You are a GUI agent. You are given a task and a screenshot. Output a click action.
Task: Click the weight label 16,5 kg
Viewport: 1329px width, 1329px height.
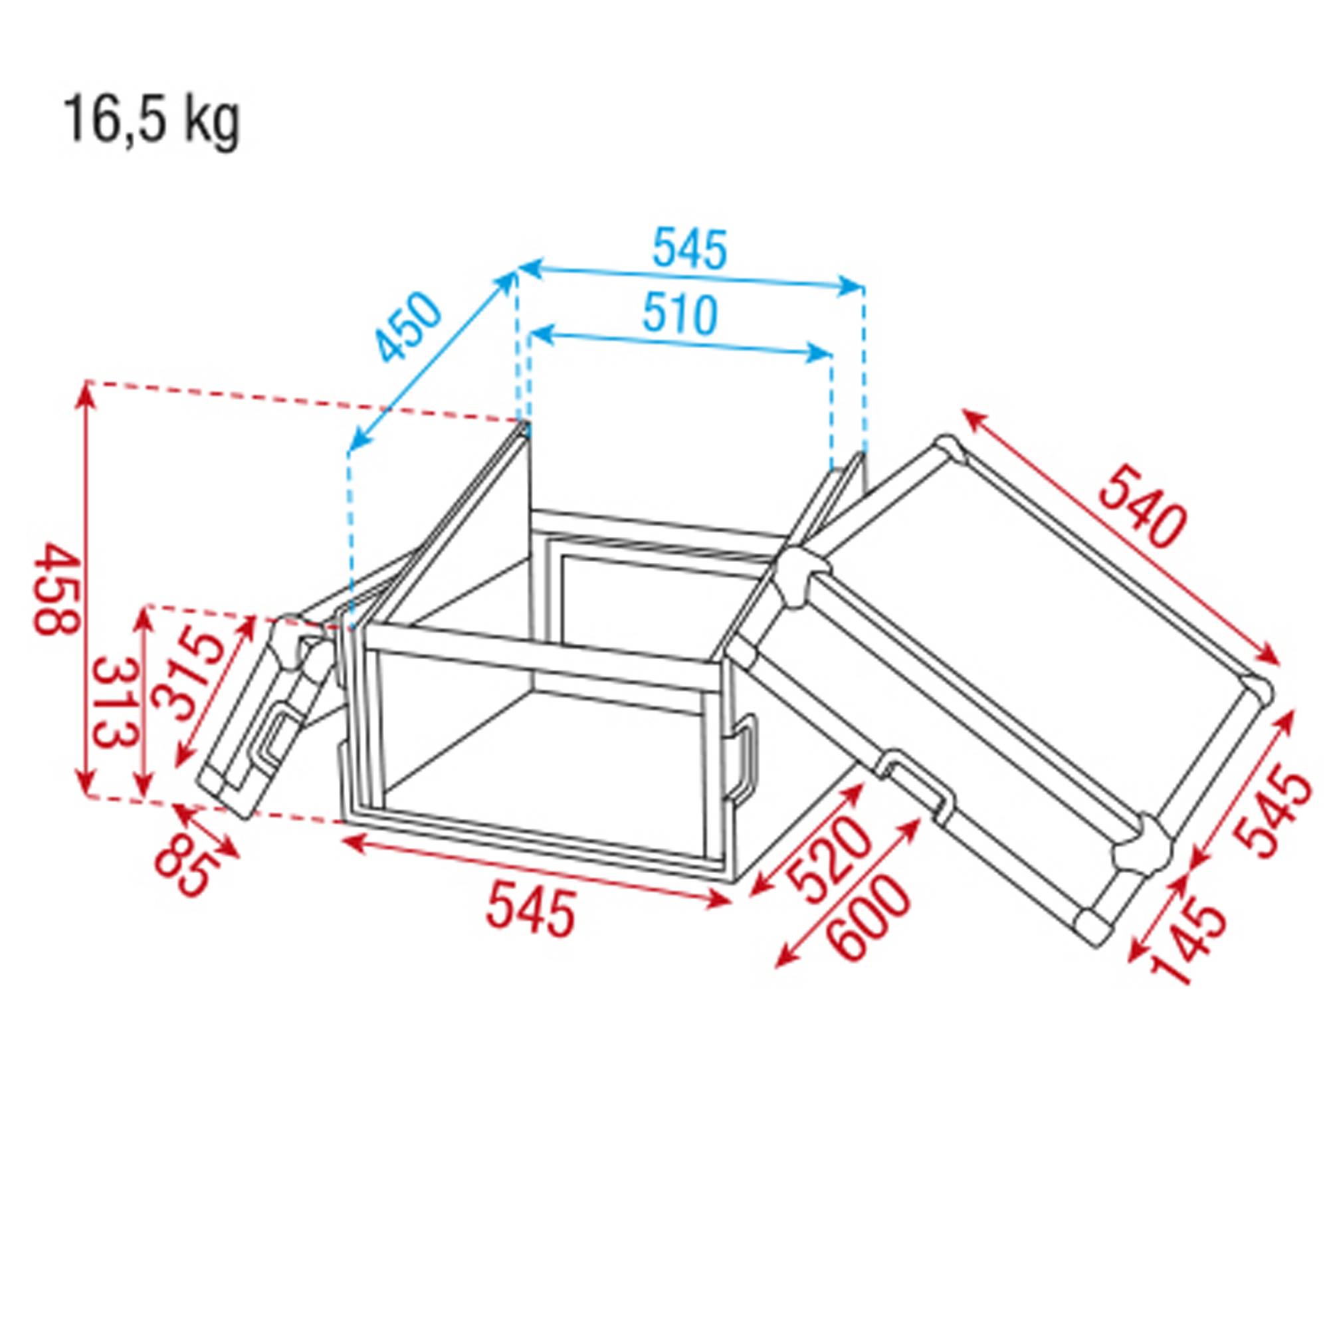[x=152, y=121]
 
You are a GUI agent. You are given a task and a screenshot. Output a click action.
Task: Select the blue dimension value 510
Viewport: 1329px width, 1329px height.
[x=680, y=314]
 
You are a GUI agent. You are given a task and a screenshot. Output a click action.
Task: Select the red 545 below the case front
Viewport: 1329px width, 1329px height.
[x=530, y=912]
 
